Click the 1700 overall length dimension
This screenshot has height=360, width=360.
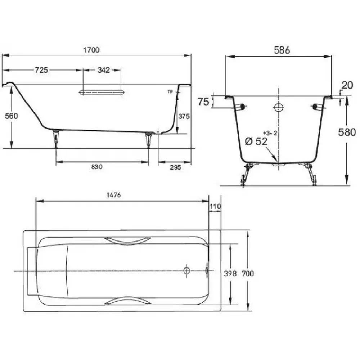pos(91,50)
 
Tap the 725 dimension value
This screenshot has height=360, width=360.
pos(41,70)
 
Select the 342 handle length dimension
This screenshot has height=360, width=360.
pos(104,70)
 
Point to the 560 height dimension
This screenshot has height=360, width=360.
pos(12,116)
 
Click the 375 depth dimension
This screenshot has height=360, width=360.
pos(184,116)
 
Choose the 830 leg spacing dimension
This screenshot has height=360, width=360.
pos(96,167)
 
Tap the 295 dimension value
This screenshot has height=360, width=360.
pos(175,167)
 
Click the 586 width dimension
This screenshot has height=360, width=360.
pos(282,50)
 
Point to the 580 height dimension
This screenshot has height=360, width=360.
pos(347,132)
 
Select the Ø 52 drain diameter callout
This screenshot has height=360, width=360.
pos(256,141)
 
